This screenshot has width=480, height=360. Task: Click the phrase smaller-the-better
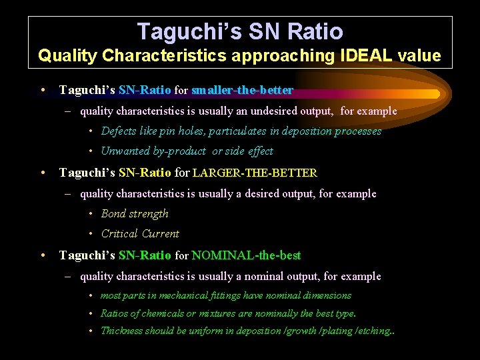tap(242, 89)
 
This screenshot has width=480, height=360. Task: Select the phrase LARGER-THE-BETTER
tap(255, 173)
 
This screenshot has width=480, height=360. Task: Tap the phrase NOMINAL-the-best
tap(246, 255)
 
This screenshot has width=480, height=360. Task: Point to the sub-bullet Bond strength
tap(135, 214)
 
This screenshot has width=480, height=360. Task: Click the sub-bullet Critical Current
tap(140, 234)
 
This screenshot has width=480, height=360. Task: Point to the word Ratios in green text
tap(114, 313)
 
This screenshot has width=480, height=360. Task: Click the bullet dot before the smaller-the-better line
tap(42, 89)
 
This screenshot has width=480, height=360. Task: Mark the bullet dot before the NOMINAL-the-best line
tap(42, 255)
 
